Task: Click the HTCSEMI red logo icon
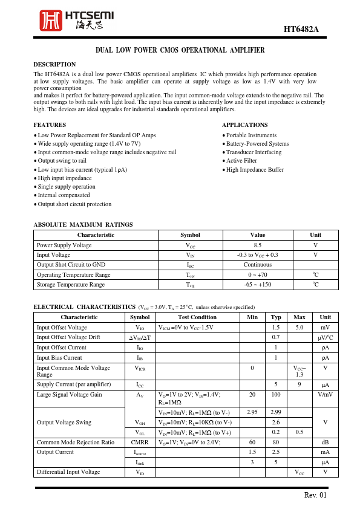(50, 21)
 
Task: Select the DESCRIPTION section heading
(54, 64)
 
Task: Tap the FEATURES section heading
(50, 125)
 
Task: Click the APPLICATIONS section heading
(244, 125)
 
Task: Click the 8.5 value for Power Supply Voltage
(258, 245)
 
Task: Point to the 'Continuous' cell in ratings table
(258, 264)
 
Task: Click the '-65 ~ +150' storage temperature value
(258, 284)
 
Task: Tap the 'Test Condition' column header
(197, 317)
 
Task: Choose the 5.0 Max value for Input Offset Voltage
(299, 327)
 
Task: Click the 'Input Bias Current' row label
(59, 357)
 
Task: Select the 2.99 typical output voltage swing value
(276, 412)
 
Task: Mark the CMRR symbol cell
(140, 442)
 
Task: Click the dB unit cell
(326, 442)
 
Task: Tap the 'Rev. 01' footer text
(315, 495)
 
